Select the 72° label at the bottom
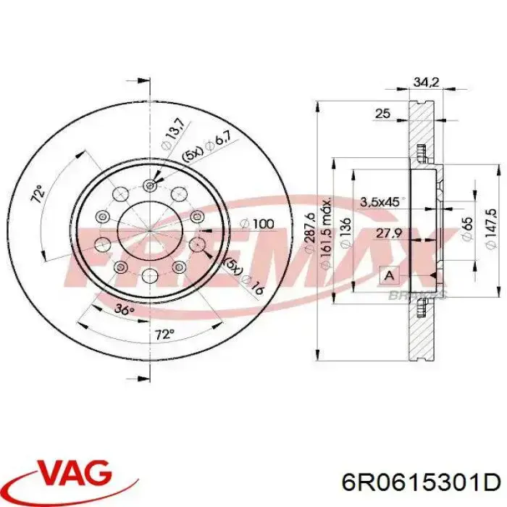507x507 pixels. point(165,334)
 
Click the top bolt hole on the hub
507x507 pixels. point(150,185)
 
